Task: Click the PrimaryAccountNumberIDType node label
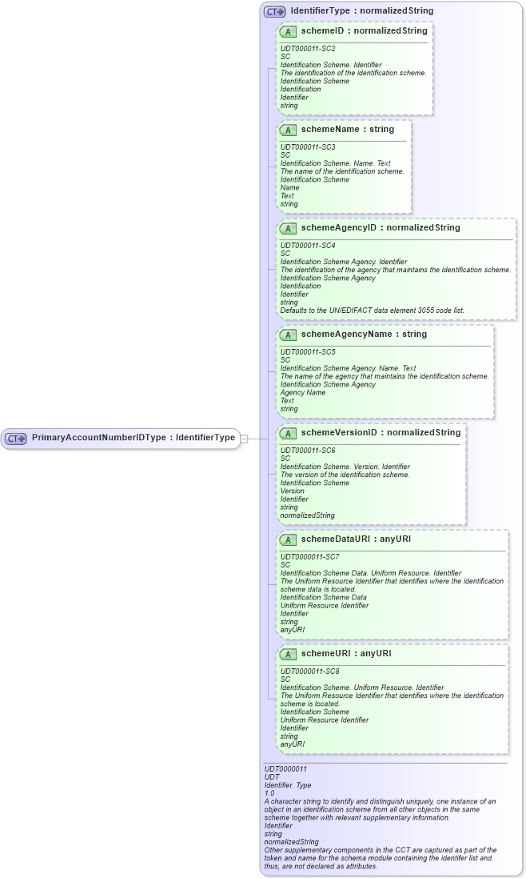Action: pyautogui.click(x=133, y=438)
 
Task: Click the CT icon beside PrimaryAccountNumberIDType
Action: pyautogui.click(x=16, y=439)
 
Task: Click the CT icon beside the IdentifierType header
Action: pyautogui.click(x=275, y=12)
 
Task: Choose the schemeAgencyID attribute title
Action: pyautogui.click(x=380, y=227)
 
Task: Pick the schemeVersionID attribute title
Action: pyautogui.click(x=381, y=432)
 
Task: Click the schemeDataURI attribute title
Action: pyautogui.click(x=356, y=539)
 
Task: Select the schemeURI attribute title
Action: pyautogui.click(x=345, y=653)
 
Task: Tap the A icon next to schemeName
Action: pyautogui.click(x=288, y=130)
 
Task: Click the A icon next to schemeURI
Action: pyautogui.click(x=288, y=654)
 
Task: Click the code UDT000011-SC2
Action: pyautogui.click(x=307, y=48)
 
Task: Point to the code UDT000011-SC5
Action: pyautogui.click(x=307, y=351)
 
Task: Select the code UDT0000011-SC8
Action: pyautogui.click(x=309, y=671)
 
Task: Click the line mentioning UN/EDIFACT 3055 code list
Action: pyautogui.click(x=372, y=310)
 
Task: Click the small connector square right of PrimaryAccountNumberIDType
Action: pyautogui.click(x=245, y=439)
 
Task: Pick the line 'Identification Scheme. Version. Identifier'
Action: pyautogui.click(x=345, y=466)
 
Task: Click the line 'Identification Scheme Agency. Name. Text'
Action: pyautogui.click(x=348, y=368)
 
